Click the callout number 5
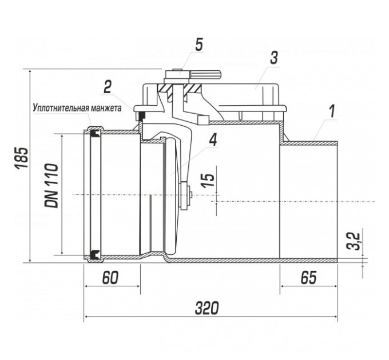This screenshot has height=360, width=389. [x=199, y=45]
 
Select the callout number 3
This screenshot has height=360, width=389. [x=273, y=58]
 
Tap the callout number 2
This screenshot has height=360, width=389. [x=107, y=87]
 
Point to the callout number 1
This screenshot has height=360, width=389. [x=332, y=111]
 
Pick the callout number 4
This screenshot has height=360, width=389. [x=213, y=140]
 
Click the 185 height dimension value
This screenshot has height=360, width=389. [x=21, y=158]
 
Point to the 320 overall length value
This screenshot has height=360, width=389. [x=207, y=308]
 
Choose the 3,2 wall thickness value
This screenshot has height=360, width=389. [x=354, y=241]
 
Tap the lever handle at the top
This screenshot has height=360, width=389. [x=205, y=74]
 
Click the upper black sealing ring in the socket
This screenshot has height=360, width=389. [x=94, y=133]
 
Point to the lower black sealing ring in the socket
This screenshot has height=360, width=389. [x=94, y=254]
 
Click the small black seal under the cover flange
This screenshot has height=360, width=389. [x=142, y=115]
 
